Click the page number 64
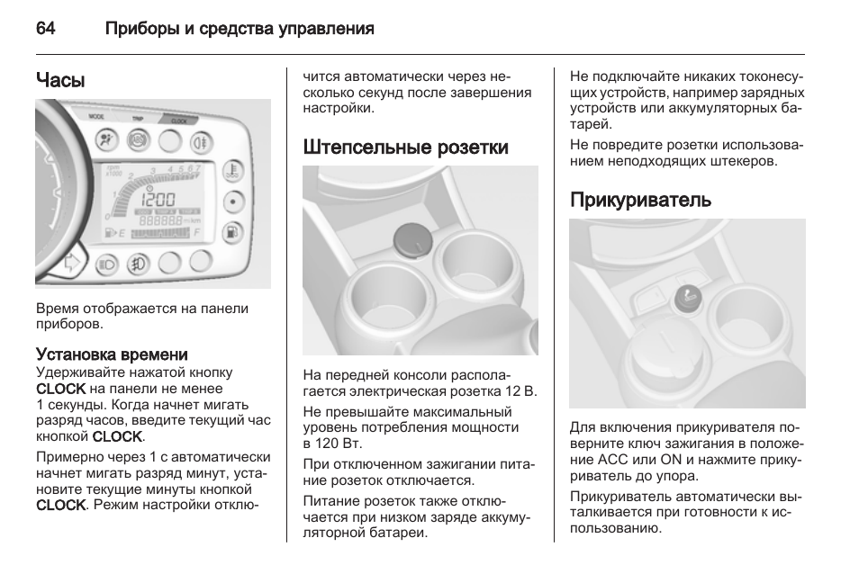(45, 28)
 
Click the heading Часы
(60, 80)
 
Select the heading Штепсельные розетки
(405, 148)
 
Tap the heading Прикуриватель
(640, 200)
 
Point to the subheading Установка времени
(112, 354)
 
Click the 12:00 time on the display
(158, 200)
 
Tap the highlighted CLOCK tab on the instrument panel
(178, 120)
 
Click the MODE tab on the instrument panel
(97, 117)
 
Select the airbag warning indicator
(106, 139)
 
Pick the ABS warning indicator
(138, 140)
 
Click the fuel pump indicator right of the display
(233, 232)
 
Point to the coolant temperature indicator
(233, 171)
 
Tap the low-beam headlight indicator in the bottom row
(107, 265)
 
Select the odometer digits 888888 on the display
(160, 221)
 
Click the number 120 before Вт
(327, 444)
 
